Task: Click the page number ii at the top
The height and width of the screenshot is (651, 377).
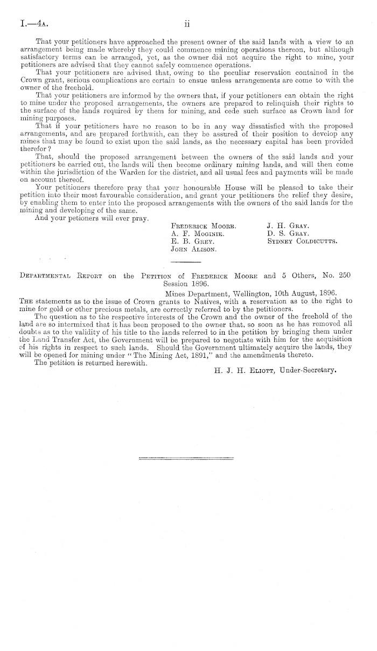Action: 187,24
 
